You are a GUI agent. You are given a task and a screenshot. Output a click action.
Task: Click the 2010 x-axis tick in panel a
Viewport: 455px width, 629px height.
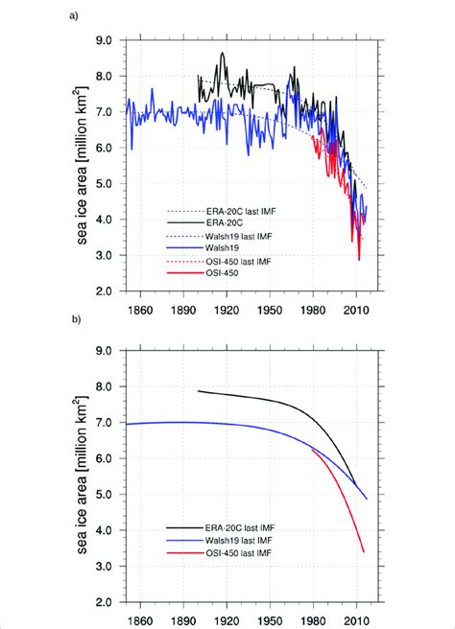356,305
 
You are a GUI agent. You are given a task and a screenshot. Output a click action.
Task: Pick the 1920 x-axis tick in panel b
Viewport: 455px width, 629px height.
227,617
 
